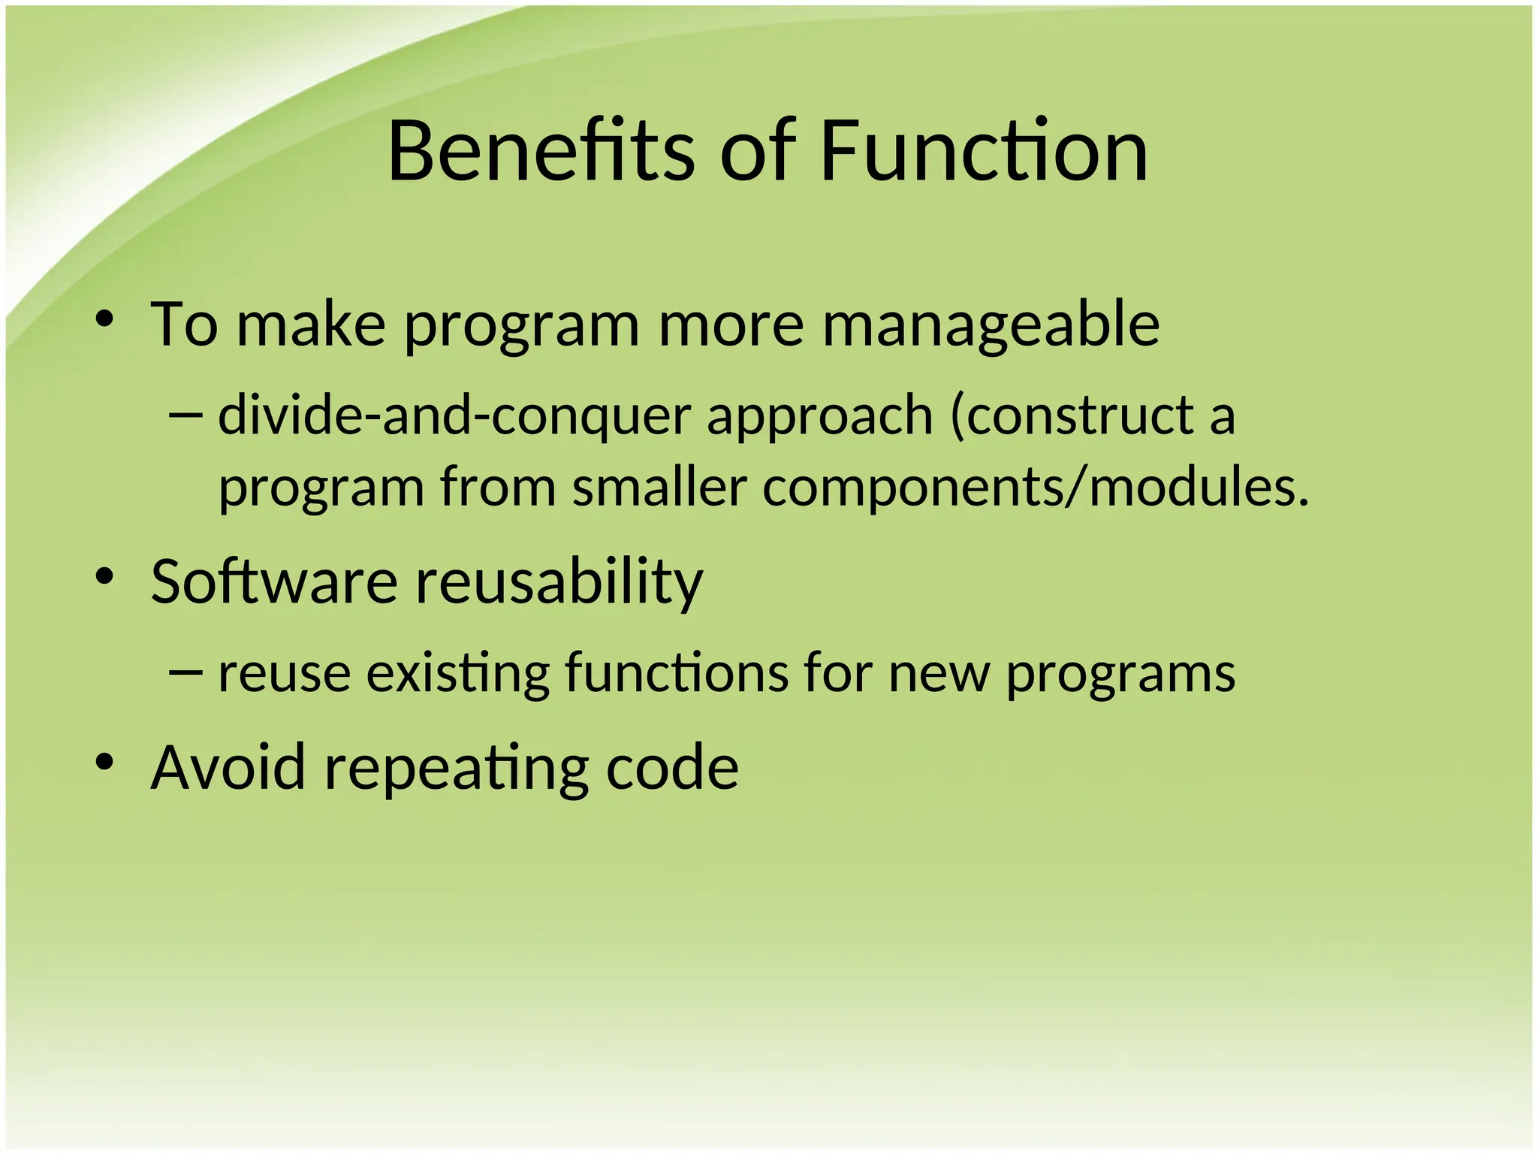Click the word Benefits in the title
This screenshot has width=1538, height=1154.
541,152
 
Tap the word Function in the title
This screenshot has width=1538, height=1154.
984,152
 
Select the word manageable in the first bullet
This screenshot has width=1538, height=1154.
991,325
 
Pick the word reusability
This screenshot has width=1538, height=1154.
559,582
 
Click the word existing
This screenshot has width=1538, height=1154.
458,673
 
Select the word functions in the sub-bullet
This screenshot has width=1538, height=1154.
677,672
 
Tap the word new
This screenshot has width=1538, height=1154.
939,673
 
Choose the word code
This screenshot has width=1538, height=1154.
672,767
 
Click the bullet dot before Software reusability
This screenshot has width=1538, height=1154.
104,577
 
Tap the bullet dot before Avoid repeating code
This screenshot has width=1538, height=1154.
104,763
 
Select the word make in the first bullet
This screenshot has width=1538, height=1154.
312,325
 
